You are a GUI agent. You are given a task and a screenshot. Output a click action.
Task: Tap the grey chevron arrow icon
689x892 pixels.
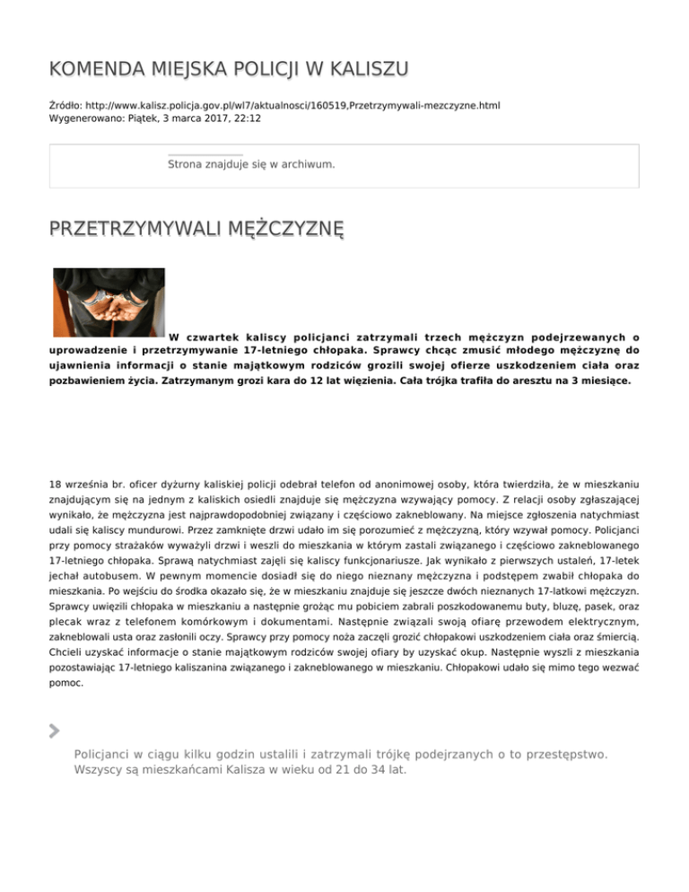[x=55, y=730]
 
